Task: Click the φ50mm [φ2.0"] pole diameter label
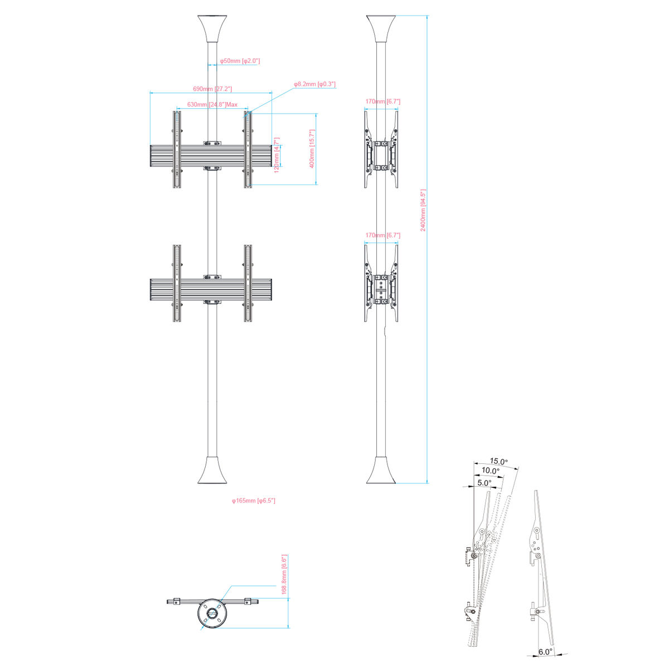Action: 240,61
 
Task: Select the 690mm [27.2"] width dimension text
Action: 212,89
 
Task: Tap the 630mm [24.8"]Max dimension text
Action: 212,104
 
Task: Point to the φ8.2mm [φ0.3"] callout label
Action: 314,84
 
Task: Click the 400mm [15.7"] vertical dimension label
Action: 312,149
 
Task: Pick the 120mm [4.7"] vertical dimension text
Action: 277,155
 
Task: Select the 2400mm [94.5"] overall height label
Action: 423,210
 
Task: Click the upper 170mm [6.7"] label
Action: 382,101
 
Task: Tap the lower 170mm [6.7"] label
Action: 382,235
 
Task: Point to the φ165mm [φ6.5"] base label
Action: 254,501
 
